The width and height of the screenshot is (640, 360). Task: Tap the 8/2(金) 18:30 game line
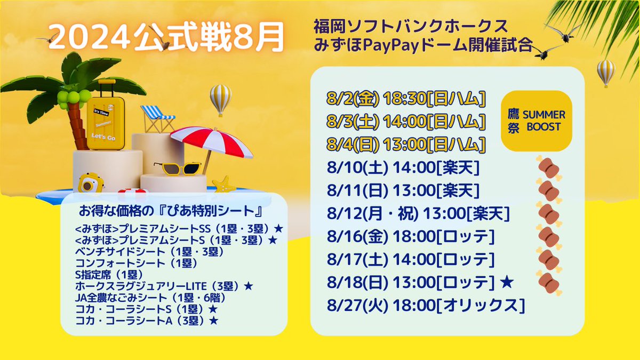tap(405, 99)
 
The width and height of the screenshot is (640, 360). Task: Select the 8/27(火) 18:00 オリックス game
tap(426, 306)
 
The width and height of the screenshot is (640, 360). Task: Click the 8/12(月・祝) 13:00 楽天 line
tap(419, 213)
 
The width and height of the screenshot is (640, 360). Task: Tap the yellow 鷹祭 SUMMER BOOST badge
tap(537, 122)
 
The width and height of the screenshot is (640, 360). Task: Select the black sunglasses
tap(178, 169)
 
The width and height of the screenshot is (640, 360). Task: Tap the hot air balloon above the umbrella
tap(220, 99)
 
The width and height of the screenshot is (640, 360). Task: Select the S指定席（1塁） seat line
tap(108, 274)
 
